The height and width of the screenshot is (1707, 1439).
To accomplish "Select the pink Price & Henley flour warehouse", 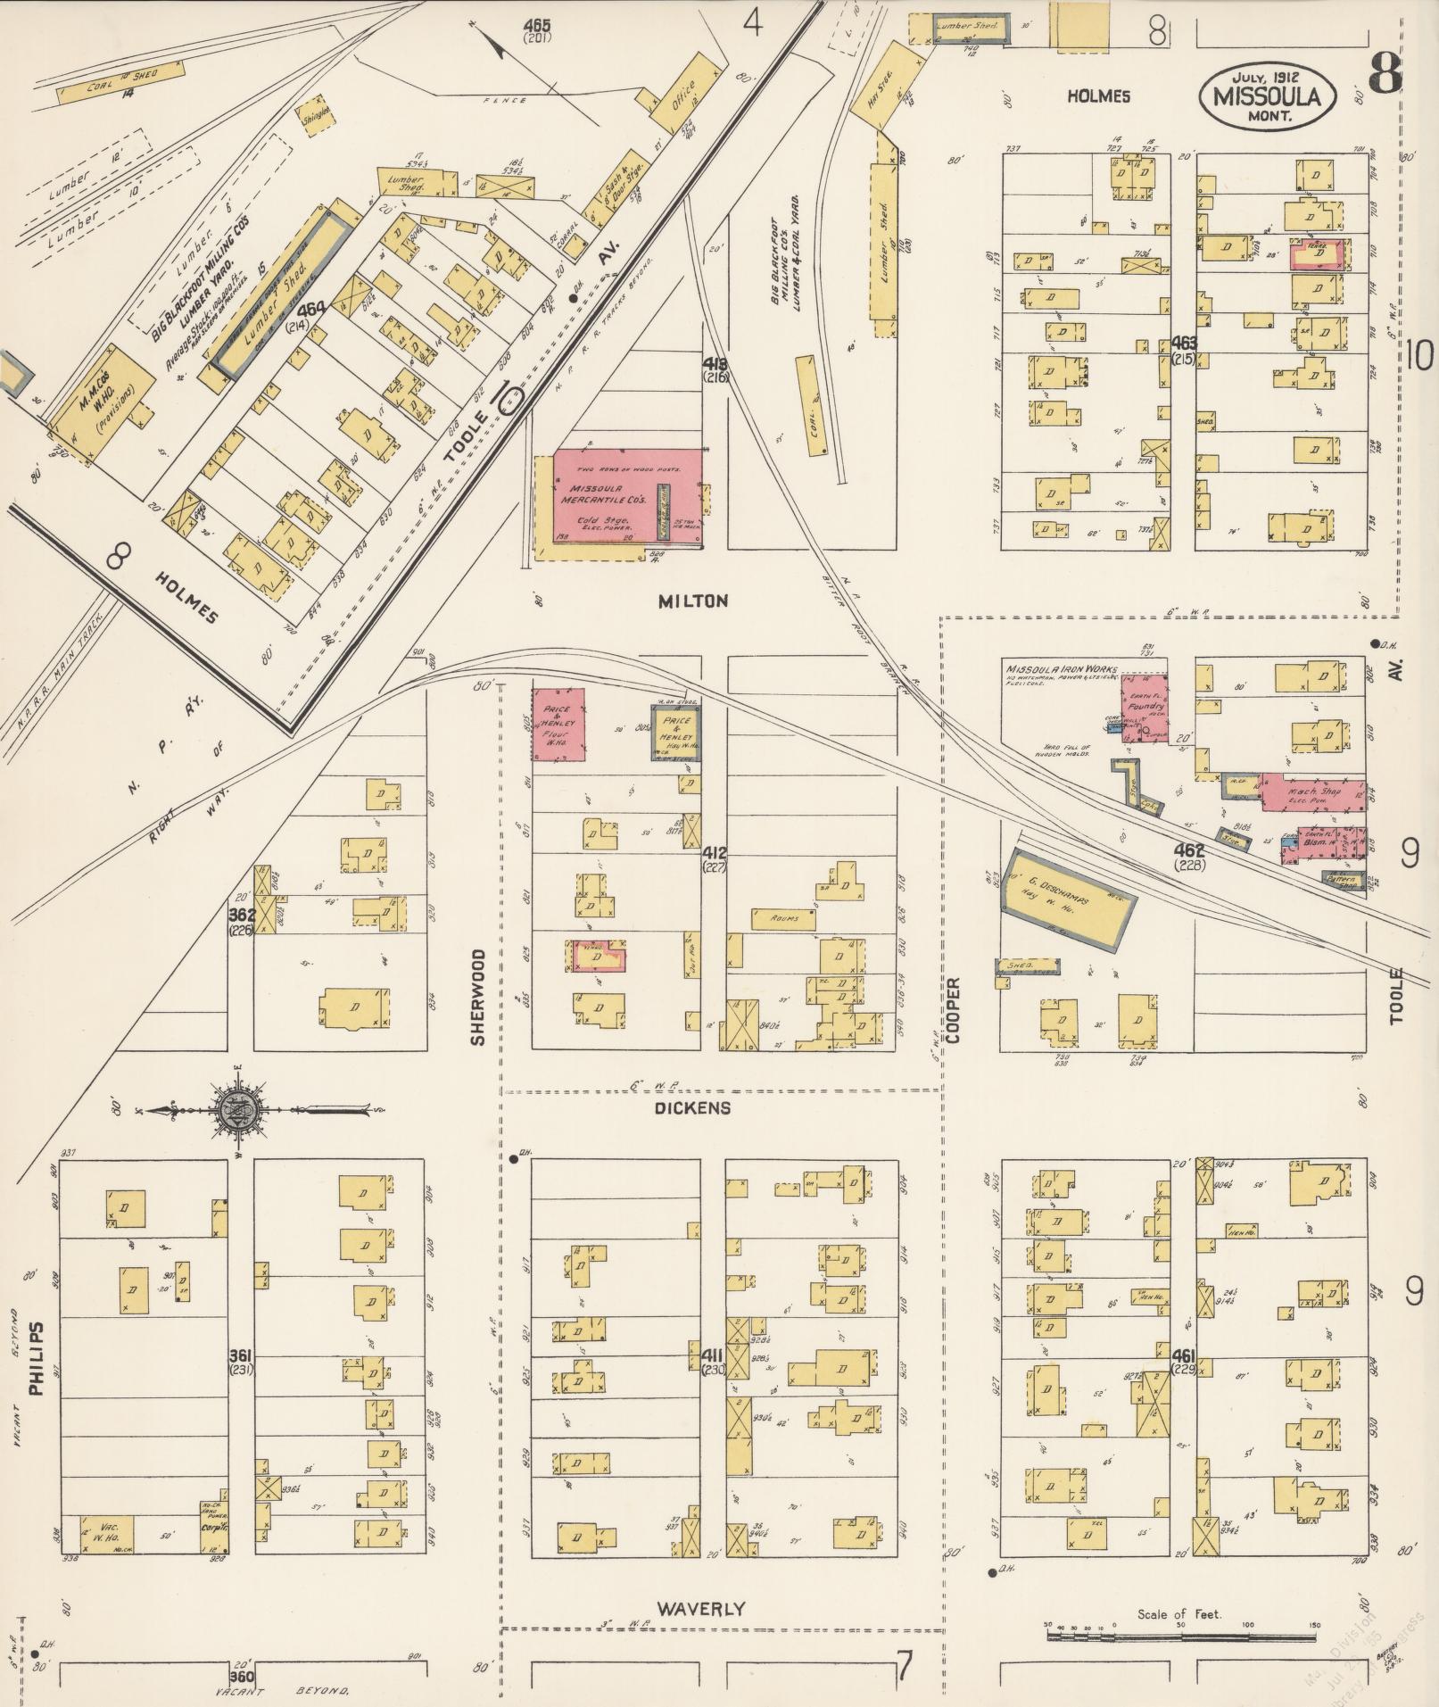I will point(559,724).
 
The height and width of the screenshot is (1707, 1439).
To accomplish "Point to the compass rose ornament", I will point(236,1110).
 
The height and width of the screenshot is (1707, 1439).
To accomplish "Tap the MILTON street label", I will point(692,601).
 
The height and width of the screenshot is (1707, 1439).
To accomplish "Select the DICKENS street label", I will point(692,1107).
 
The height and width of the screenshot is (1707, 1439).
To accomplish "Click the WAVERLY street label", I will point(700,1609).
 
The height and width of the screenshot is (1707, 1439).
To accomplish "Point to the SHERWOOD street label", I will point(478,997).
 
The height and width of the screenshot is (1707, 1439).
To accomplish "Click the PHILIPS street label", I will point(37,1358).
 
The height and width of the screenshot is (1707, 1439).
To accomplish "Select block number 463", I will point(1184,343).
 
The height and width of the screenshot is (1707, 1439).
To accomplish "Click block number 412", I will point(715,851).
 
